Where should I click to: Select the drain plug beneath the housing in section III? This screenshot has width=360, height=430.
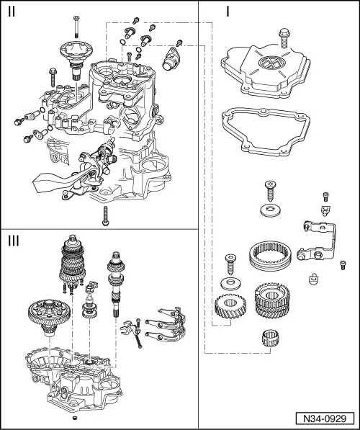tap(74, 418)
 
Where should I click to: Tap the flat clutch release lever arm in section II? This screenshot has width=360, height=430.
tap(54, 184)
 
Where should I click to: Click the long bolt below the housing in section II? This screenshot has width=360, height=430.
tap(105, 215)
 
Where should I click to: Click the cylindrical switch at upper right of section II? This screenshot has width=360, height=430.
tap(174, 57)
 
